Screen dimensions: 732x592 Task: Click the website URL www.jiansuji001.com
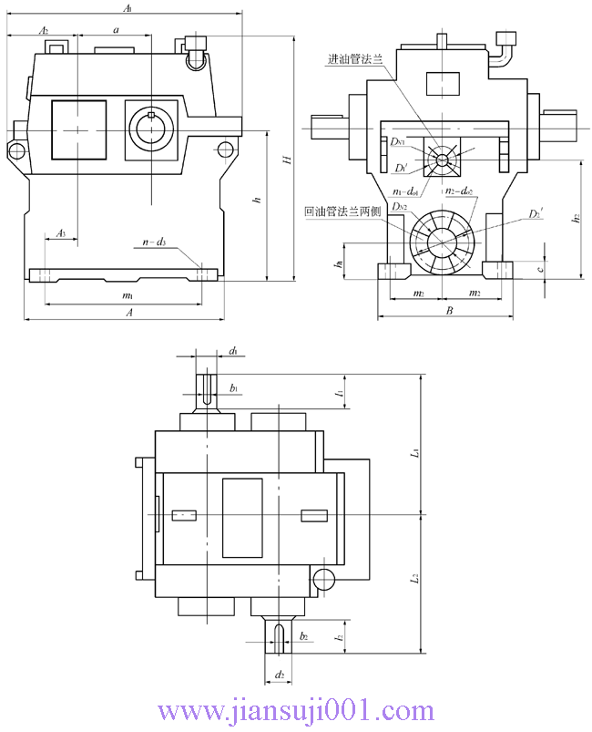coord(297,711)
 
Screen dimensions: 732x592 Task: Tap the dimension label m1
coord(128,296)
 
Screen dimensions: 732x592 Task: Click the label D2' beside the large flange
coord(536,215)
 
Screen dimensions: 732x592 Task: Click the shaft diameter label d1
coord(234,351)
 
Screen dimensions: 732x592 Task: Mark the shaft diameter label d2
coord(281,675)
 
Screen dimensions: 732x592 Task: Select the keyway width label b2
coord(303,634)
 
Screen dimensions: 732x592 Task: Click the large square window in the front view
coord(78,129)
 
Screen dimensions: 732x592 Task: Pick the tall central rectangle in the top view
coord(242,516)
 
